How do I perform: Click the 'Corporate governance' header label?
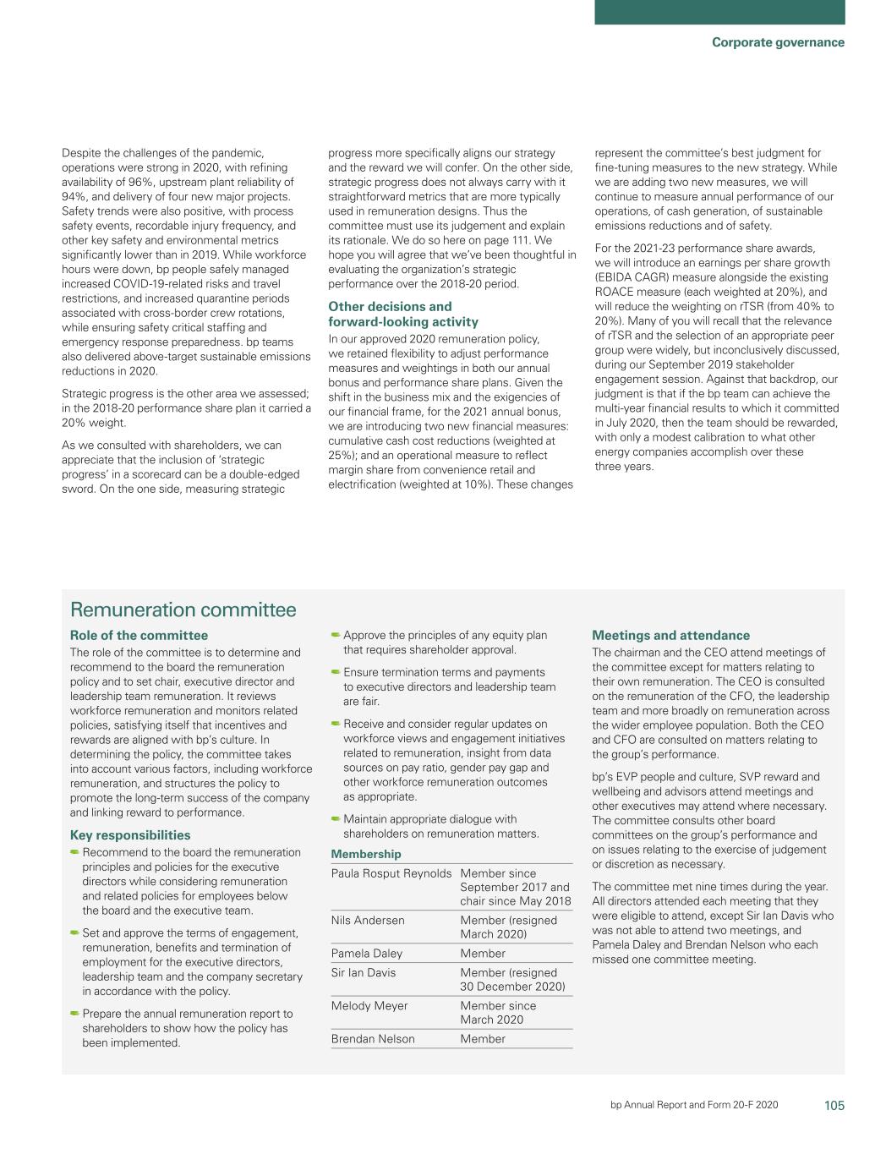click(x=777, y=42)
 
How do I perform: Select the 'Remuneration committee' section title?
click(x=183, y=610)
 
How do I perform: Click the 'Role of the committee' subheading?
click(x=139, y=636)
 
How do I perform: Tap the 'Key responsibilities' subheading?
click(x=130, y=835)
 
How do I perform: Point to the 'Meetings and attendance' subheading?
click(x=670, y=636)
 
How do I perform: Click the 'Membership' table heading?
click(x=366, y=854)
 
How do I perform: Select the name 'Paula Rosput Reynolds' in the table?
click(x=391, y=873)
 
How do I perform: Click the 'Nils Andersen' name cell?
click(x=368, y=921)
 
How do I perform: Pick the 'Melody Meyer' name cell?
click(x=369, y=1006)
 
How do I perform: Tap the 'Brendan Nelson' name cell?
click(x=373, y=1039)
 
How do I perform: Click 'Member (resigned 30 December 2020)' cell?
click(x=512, y=980)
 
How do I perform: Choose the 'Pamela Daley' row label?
click(x=367, y=954)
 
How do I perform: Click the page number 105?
click(x=834, y=1106)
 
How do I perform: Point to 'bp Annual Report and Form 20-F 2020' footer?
click(x=694, y=1106)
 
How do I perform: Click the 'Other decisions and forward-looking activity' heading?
click(x=402, y=314)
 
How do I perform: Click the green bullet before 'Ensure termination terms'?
click(x=336, y=672)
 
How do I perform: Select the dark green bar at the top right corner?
click(x=719, y=12)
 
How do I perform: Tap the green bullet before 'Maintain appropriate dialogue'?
click(x=336, y=818)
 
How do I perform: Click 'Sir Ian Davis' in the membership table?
click(x=364, y=973)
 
